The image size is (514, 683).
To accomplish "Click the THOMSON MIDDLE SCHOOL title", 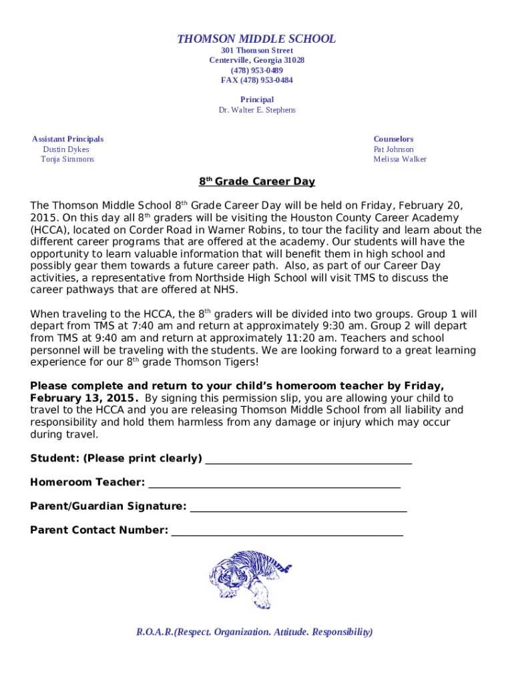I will coord(256,39).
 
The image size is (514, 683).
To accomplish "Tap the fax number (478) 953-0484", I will coord(256,80).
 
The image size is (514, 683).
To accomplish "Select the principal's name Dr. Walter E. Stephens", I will coord(256,109).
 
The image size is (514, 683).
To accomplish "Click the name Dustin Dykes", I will coord(65,149).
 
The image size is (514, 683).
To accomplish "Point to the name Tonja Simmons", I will coord(67,159).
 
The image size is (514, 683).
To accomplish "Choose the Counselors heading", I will coord(393,139).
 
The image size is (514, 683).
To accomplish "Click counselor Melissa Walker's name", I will coord(399,159).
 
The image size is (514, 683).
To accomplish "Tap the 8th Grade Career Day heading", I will coord(256,182).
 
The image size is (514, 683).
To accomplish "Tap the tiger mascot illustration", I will coord(250,577).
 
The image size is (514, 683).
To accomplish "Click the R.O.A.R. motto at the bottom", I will coord(254,632).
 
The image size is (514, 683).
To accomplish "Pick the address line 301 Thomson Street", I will coord(256,51).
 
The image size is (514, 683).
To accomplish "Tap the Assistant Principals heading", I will coord(67,139).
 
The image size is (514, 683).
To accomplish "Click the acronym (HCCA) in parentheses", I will coord(52,230).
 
